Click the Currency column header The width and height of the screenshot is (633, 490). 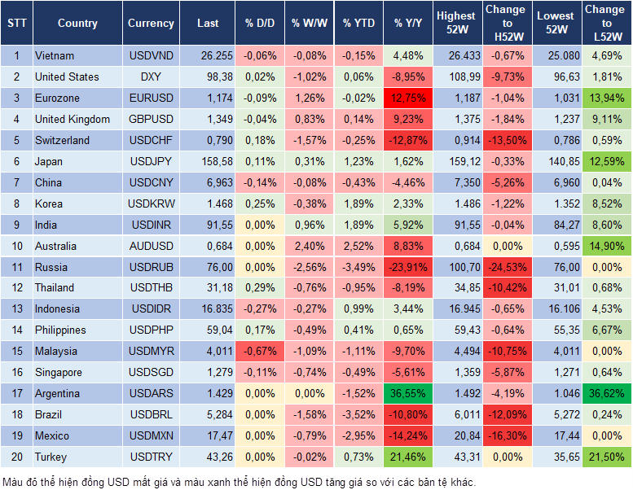click(x=151, y=24)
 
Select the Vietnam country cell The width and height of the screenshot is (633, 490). click(x=55, y=56)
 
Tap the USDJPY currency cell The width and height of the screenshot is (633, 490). click(x=151, y=161)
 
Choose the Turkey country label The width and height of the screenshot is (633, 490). click(x=51, y=457)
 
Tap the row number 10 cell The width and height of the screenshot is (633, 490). click(x=16, y=246)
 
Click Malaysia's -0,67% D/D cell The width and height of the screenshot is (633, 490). click(x=260, y=351)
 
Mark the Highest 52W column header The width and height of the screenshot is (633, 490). click(x=456, y=24)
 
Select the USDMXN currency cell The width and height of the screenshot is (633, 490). click(x=151, y=435)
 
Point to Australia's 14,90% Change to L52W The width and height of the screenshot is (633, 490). click(x=604, y=246)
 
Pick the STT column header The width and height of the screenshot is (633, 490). click(x=16, y=24)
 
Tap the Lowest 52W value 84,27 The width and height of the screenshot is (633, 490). click(x=555, y=225)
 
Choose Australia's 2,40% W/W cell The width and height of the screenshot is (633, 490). click(x=310, y=246)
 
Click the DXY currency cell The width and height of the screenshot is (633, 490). click(x=151, y=77)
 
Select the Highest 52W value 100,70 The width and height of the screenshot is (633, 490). click(x=456, y=267)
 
